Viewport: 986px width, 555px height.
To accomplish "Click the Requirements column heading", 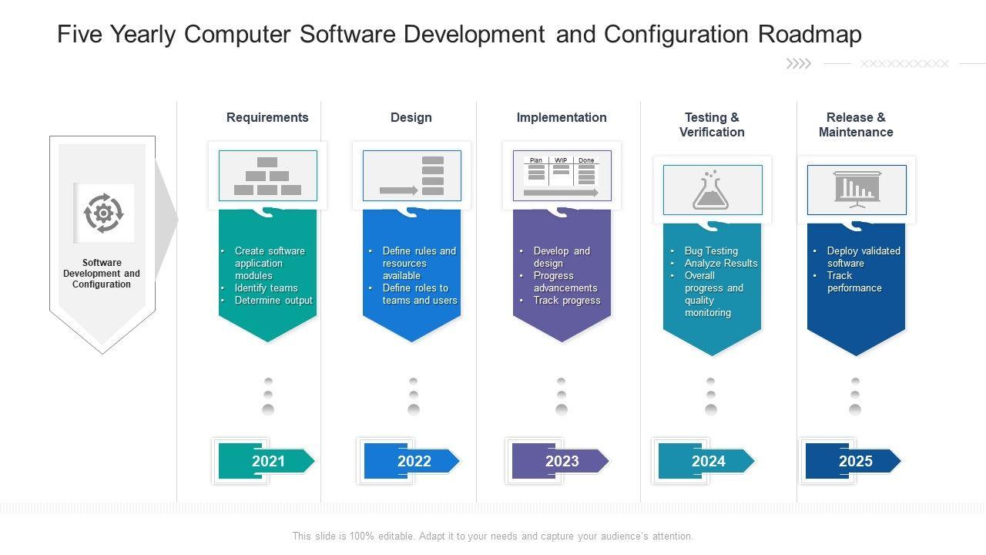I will tap(267, 117).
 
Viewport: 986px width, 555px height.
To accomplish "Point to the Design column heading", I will tap(411, 117).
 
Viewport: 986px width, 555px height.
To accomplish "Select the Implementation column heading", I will tap(562, 117).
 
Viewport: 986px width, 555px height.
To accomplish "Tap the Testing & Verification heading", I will tap(712, 125).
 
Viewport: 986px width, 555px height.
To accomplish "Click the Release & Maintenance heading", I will tap(856, 125).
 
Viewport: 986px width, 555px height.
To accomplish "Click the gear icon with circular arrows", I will tap(103, 213).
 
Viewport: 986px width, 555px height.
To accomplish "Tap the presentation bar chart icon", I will tap(856, 190).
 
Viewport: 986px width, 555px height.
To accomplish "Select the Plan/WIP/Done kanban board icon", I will tap(562, 176).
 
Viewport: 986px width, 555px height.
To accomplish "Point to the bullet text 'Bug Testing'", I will tap(711, 251).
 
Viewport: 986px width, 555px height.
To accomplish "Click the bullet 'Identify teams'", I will tap(266, 288).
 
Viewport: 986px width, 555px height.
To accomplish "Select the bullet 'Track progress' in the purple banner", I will tap(567, 300).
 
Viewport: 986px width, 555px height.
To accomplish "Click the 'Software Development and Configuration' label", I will tap(102, 274).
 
